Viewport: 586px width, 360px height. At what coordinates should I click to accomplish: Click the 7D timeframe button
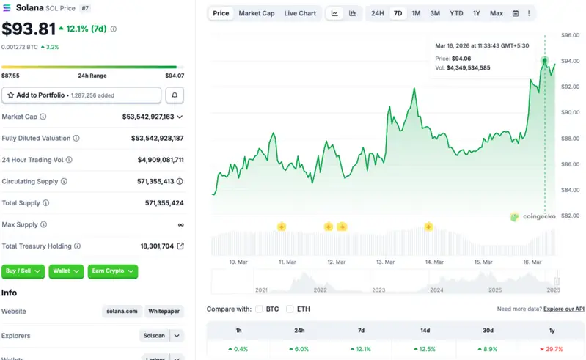point(398,13)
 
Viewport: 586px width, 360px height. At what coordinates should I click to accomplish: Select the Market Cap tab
point(257,13)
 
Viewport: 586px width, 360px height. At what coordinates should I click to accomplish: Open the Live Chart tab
point(300,13)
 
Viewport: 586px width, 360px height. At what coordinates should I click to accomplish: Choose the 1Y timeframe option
point(476,13)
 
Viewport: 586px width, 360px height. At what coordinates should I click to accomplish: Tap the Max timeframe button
point(497,13)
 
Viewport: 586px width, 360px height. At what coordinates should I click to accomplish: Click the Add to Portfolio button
point(81,95)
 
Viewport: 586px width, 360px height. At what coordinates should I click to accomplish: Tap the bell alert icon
point(175,95)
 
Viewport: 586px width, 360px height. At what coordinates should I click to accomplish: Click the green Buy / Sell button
point(23,271)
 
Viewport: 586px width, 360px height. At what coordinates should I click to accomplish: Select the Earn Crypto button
point(112,271)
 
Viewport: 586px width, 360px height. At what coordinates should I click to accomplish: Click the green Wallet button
point(66,271)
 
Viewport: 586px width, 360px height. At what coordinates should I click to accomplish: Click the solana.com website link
point(121,312)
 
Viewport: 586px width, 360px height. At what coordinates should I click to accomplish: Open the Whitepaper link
point(164,312)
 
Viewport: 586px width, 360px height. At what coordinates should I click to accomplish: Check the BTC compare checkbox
point(260,309)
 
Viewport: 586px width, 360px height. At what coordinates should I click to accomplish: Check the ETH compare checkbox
point(290,309)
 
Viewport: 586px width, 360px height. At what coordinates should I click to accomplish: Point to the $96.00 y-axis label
point(571,35)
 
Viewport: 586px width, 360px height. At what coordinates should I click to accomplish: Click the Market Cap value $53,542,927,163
point(148,117)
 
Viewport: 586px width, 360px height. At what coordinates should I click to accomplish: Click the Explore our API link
point(564,309)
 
